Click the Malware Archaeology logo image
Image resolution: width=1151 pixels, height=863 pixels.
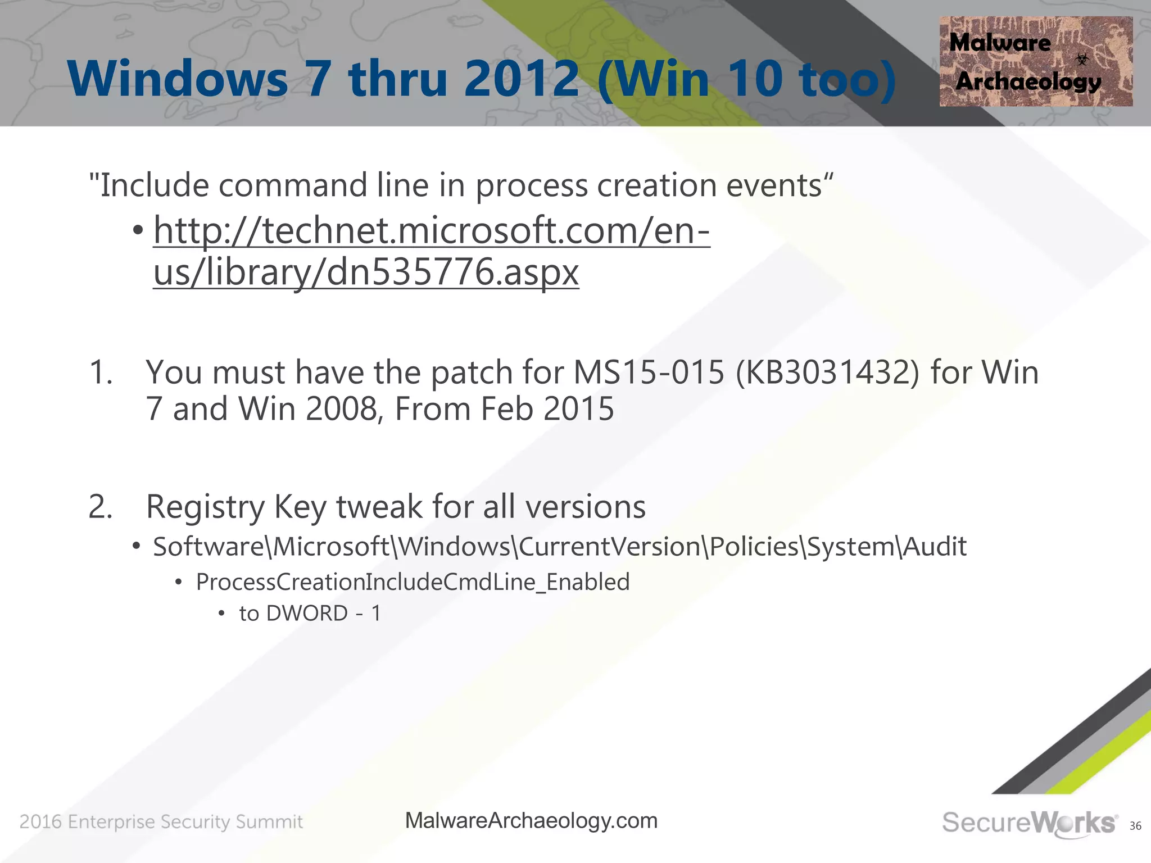click(x=1035, y=61)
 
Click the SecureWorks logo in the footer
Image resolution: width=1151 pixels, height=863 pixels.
click(x=1028, y=823)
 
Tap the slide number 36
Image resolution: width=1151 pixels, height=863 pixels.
click(x=1135, y=826)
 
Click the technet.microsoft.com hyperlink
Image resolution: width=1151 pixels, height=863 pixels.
click(x=432, y=231)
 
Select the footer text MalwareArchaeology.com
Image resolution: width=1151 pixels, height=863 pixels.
click(x=531, y=821)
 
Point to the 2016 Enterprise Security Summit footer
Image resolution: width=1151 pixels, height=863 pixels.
click(x=161, y=822)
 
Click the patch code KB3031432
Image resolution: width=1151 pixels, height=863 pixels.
click(x=827, y=373)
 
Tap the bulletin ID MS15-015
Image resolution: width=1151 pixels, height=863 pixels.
click(x=649, y=373)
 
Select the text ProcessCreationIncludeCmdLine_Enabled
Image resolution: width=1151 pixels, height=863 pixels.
click(x=413, y=582)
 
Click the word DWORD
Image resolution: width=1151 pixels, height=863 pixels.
click(x=307, y=614)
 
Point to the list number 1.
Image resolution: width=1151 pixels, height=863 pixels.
click(x=101, y=373)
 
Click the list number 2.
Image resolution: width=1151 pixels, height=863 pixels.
click(x=101, y=507)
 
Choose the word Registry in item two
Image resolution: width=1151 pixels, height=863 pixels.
click(x=205, y=508)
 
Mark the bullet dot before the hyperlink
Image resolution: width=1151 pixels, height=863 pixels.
click(x=138, y=231)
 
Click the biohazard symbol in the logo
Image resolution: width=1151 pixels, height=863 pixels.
click(x=1082, y=59)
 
